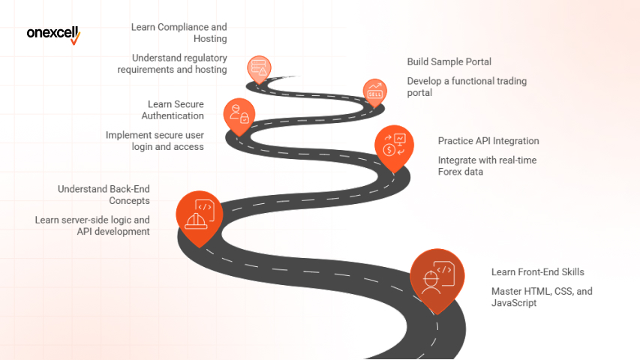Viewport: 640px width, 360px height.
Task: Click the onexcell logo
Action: pos(53,34)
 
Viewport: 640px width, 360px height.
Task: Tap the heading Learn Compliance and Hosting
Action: pos(179,32)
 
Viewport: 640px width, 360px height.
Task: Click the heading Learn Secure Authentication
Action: pos(173,109)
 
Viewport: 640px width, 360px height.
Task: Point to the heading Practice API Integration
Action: pos(488,141)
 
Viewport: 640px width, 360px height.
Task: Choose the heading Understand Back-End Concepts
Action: pos(104,194)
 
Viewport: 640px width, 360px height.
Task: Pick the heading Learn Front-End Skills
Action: pos(537,272)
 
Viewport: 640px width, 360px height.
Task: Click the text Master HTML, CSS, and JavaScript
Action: pos(541,297)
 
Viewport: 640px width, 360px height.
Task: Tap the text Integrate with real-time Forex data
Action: pos(487,166)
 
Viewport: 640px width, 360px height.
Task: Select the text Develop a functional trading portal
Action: pos(467,87)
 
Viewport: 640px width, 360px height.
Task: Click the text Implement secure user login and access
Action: pos(155,140)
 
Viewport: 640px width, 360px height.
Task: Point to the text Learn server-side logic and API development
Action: pos(92,226)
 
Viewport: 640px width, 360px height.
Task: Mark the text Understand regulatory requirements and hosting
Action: pos(172,64)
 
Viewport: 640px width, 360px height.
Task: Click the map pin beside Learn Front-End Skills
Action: pos(436,277)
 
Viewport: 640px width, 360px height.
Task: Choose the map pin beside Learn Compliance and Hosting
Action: pos(260,67)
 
